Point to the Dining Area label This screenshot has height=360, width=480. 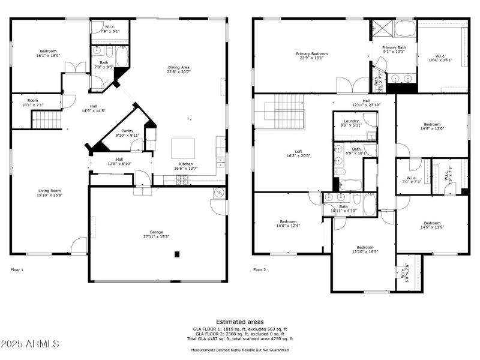point(178,69)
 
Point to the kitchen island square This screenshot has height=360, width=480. point(183,148)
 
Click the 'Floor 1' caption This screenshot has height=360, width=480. point(17,270)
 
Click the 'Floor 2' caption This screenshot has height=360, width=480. point(259,270)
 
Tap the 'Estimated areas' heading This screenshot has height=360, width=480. point(239,322)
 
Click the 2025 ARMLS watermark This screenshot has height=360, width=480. point(30,344)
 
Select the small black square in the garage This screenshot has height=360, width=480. point(177,254)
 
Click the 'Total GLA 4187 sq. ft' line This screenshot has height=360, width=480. point(239,339)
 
